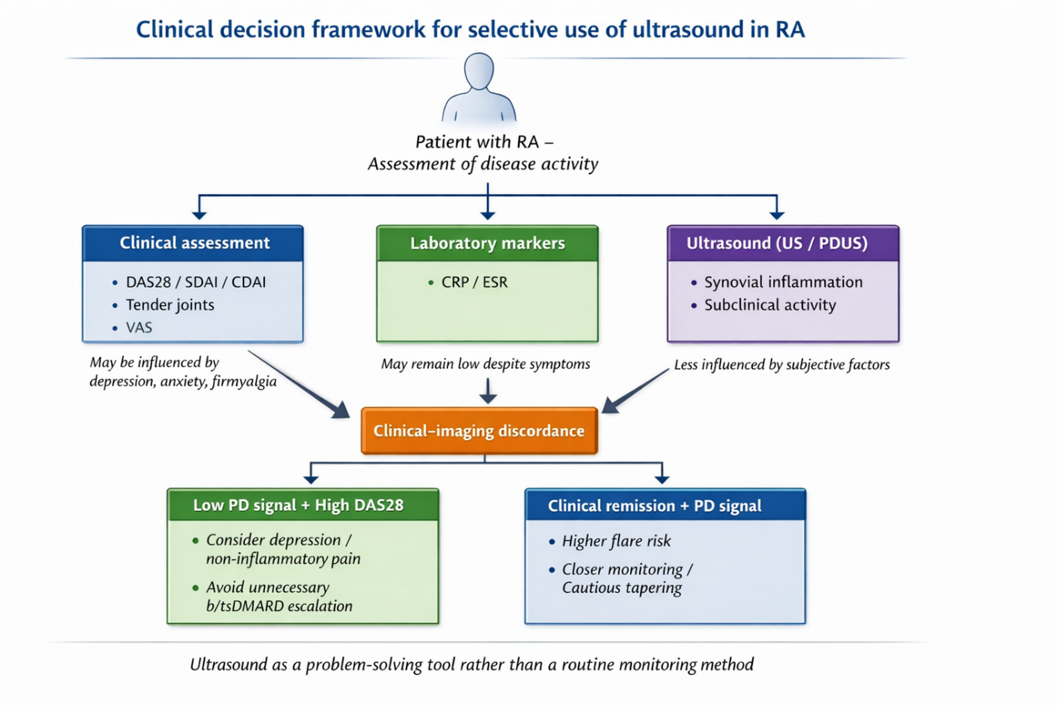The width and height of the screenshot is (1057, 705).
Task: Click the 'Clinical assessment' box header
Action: (x=194, y=243)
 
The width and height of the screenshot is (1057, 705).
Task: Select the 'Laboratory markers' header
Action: (x=487, y=243)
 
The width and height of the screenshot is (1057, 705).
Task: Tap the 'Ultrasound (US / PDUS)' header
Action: (x=777, y=243)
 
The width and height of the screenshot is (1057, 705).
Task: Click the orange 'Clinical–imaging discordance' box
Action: (x=479, y=431)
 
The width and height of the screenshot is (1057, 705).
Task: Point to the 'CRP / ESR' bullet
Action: (x=473, y=282)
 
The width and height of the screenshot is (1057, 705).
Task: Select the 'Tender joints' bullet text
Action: (x=170, y=305)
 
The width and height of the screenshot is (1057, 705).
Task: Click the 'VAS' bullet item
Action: (x=139, y=328)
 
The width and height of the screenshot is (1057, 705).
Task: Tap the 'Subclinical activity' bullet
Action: (x=770, y=305)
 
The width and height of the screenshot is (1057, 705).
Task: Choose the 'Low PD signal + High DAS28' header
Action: (x=298, y=505)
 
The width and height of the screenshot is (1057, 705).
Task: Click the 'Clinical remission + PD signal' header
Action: (x=654, y=505)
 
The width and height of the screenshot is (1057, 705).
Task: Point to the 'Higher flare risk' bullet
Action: (x=616, y=541)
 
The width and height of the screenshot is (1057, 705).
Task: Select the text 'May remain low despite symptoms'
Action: (x=485, y=364)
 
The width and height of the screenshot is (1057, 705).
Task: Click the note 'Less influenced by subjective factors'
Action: (x=781, y=365)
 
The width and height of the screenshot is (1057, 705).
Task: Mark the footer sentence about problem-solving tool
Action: (x=471, y=664)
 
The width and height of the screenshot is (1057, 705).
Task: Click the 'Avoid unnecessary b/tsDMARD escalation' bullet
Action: (x=279, y=596)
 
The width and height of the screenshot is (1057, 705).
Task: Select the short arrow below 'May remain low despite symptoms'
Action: (x=487, y=391)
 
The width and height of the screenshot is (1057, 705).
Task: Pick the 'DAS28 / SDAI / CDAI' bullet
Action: (x=195, y=282)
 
